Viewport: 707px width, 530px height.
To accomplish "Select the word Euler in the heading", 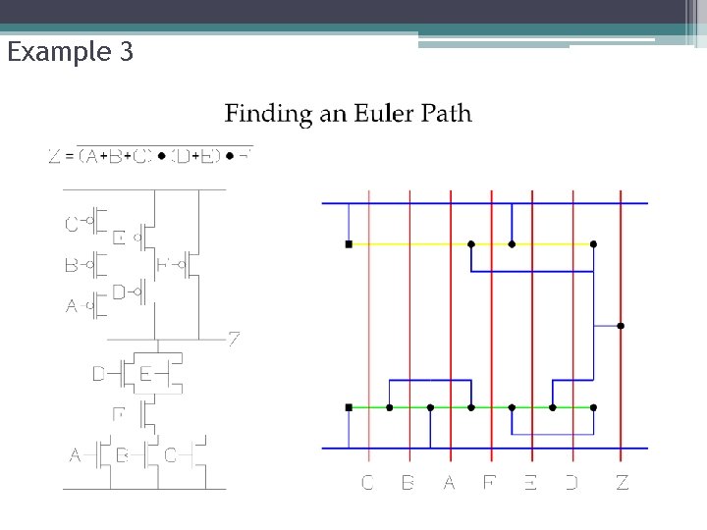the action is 354,114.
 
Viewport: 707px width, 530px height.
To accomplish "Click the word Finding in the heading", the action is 261,114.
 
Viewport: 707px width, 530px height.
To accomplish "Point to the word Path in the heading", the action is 446,114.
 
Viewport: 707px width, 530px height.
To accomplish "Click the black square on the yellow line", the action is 349,243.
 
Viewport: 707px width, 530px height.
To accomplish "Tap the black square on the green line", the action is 349,406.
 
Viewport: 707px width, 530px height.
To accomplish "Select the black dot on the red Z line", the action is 621,325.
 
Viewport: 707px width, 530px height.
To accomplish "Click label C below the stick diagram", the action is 367,482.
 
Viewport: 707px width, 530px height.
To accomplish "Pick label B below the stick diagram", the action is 408,482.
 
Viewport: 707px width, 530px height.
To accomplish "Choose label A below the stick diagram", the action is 450,482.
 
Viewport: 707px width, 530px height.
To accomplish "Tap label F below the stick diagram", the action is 490,482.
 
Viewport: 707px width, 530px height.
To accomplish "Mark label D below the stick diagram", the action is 571,482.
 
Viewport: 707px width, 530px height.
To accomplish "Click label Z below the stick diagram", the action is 622,482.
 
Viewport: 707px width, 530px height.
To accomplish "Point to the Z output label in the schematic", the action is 235,340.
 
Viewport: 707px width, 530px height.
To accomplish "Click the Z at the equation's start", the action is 55,156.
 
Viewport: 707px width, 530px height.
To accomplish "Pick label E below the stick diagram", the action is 530,482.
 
